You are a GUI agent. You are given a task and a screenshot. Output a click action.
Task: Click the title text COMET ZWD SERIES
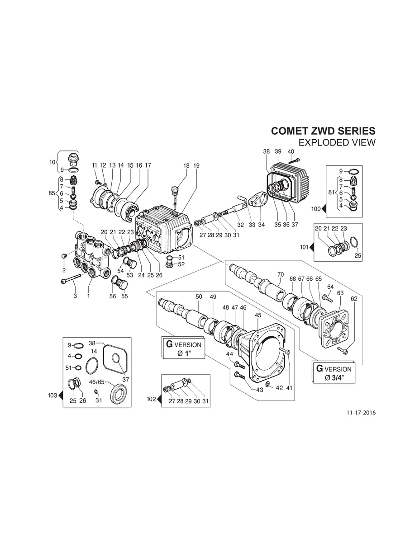point(323,131)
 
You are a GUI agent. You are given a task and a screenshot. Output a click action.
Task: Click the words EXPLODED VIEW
point(338,143)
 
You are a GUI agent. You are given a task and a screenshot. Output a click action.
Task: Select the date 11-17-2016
point(361,413)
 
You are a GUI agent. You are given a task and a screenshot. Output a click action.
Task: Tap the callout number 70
point(280,274)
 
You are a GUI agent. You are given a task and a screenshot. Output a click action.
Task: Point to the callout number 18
point(186,166)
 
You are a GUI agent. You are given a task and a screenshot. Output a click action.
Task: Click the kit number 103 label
point(52,395)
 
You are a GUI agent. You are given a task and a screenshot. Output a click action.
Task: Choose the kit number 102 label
point(151,399)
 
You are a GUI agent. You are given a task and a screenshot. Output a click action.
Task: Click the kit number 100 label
point(315,209)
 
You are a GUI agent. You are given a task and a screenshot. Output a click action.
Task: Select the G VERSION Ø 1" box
point(183,348)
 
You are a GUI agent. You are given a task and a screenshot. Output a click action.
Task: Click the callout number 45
point(258,315)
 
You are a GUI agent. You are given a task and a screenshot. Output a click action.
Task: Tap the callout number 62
point(354,299)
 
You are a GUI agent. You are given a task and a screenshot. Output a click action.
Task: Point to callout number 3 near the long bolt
point(76,296)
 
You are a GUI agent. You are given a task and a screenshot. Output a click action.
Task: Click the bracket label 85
point(52,193)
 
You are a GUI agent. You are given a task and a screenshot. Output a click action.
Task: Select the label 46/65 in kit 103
point(97,382)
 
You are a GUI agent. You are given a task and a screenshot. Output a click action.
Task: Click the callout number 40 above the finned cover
point(291,151)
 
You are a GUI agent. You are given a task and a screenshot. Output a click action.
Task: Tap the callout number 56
point(113,296)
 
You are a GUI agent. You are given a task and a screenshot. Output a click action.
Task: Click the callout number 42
point(279,388)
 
